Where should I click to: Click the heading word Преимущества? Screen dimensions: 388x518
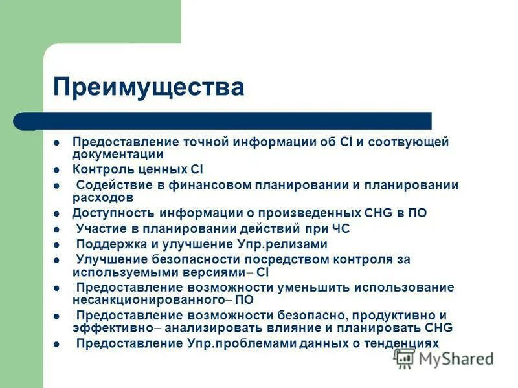click(149, 87)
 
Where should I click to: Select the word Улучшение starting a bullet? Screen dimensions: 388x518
click(109, 259)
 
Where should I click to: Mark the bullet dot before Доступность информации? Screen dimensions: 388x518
click(57, 213)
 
